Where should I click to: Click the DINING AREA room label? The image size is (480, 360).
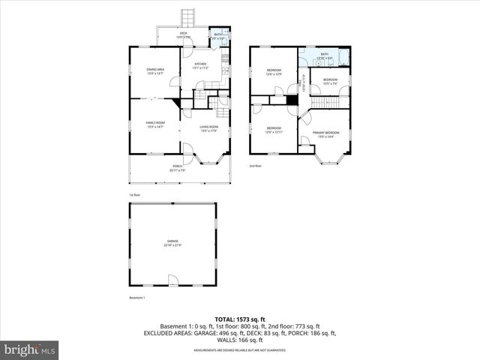tap(155, 70)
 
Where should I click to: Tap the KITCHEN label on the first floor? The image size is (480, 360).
tap(200, 65)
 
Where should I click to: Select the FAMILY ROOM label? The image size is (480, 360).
tap(155, 124)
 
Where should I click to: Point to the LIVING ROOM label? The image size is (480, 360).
tap(208, 128)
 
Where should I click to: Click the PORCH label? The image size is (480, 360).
tap(178, 168)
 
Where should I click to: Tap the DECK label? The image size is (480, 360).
tap(183, 34)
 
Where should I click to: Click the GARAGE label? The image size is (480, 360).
tap(172, 242)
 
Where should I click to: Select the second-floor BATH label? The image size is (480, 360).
tap(325, 55)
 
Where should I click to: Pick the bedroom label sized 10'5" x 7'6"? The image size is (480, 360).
tap(331, 81)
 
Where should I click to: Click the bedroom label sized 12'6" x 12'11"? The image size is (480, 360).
tap(274, 129)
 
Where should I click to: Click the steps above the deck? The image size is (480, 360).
tap(189, 18)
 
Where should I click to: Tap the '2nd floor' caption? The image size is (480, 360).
tap(256, 166)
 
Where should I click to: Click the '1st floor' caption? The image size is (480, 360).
tap(134, 194)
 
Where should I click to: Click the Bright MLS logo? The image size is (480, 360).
tap(29, 349)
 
